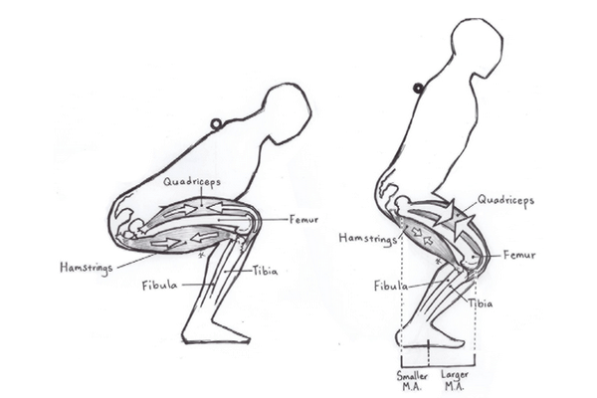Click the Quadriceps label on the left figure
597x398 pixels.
click(193, 183)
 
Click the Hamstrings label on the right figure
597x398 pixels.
click(362, 239)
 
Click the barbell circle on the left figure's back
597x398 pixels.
click(216, 124)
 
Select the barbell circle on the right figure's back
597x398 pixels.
click(419, 89)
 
